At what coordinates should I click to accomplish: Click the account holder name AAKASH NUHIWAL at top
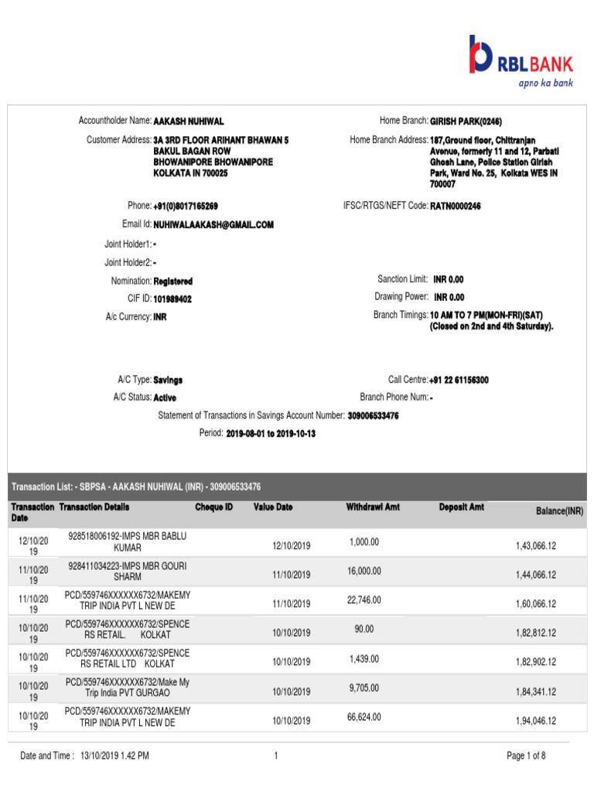coord(189,121)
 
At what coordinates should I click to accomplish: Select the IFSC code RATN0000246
coord(456,206)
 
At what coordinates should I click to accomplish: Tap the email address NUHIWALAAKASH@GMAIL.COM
coord(213,224)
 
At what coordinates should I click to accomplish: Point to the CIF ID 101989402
coord(172,299)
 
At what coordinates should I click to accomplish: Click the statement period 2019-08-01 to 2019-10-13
coord(271,434)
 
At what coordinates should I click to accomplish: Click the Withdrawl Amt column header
coord(373,507)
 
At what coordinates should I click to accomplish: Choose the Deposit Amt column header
coord(461,507)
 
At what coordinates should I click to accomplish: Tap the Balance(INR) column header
coord(560,512)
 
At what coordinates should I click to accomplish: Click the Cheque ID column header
coord(213,507)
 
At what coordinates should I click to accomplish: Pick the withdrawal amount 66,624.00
coord(364,717)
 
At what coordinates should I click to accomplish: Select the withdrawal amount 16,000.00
coord(364,571)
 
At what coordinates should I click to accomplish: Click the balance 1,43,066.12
coord(536,546)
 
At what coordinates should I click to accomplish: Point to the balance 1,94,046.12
coord(536,721)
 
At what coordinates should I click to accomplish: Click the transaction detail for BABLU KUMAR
coord(128,541)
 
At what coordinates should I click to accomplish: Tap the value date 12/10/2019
coord(291,546)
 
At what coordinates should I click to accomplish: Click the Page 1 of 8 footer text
coord(526,756)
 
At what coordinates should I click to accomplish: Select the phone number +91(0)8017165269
coord(186,206)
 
